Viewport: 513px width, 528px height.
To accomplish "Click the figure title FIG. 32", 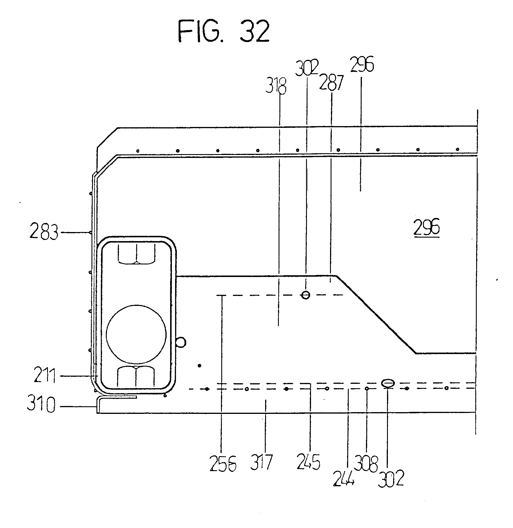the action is (224, 32).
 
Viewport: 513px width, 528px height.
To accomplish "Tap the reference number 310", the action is (41, 405).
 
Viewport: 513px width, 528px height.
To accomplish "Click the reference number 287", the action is (331, 83).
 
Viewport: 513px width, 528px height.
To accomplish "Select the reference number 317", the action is (261, 462).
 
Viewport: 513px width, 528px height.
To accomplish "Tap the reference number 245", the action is (308, 462).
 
